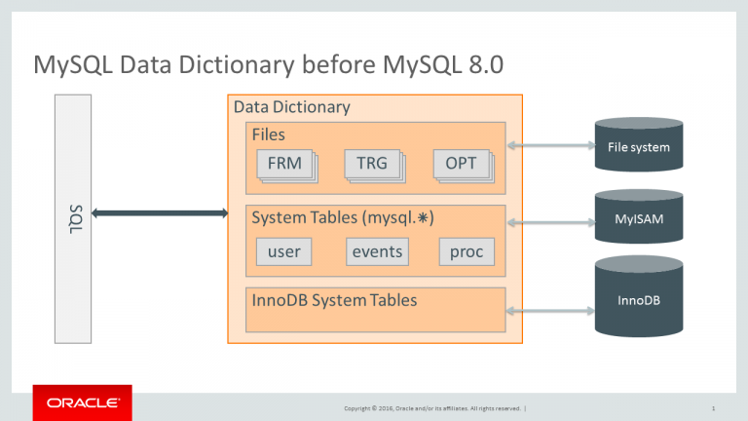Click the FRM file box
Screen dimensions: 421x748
(284, 165)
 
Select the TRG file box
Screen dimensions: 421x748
(372, 165)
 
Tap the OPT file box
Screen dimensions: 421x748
(461, 165)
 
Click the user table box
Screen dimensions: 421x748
(284, 252)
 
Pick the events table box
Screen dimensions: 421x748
(377, 252)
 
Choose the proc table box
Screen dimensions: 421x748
(467, 252)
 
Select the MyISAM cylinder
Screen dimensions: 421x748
(638, 216)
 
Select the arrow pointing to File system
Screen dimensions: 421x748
(550, 145)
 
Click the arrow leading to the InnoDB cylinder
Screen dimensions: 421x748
(550, 312)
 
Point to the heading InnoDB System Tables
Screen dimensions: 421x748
(334, 300)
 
